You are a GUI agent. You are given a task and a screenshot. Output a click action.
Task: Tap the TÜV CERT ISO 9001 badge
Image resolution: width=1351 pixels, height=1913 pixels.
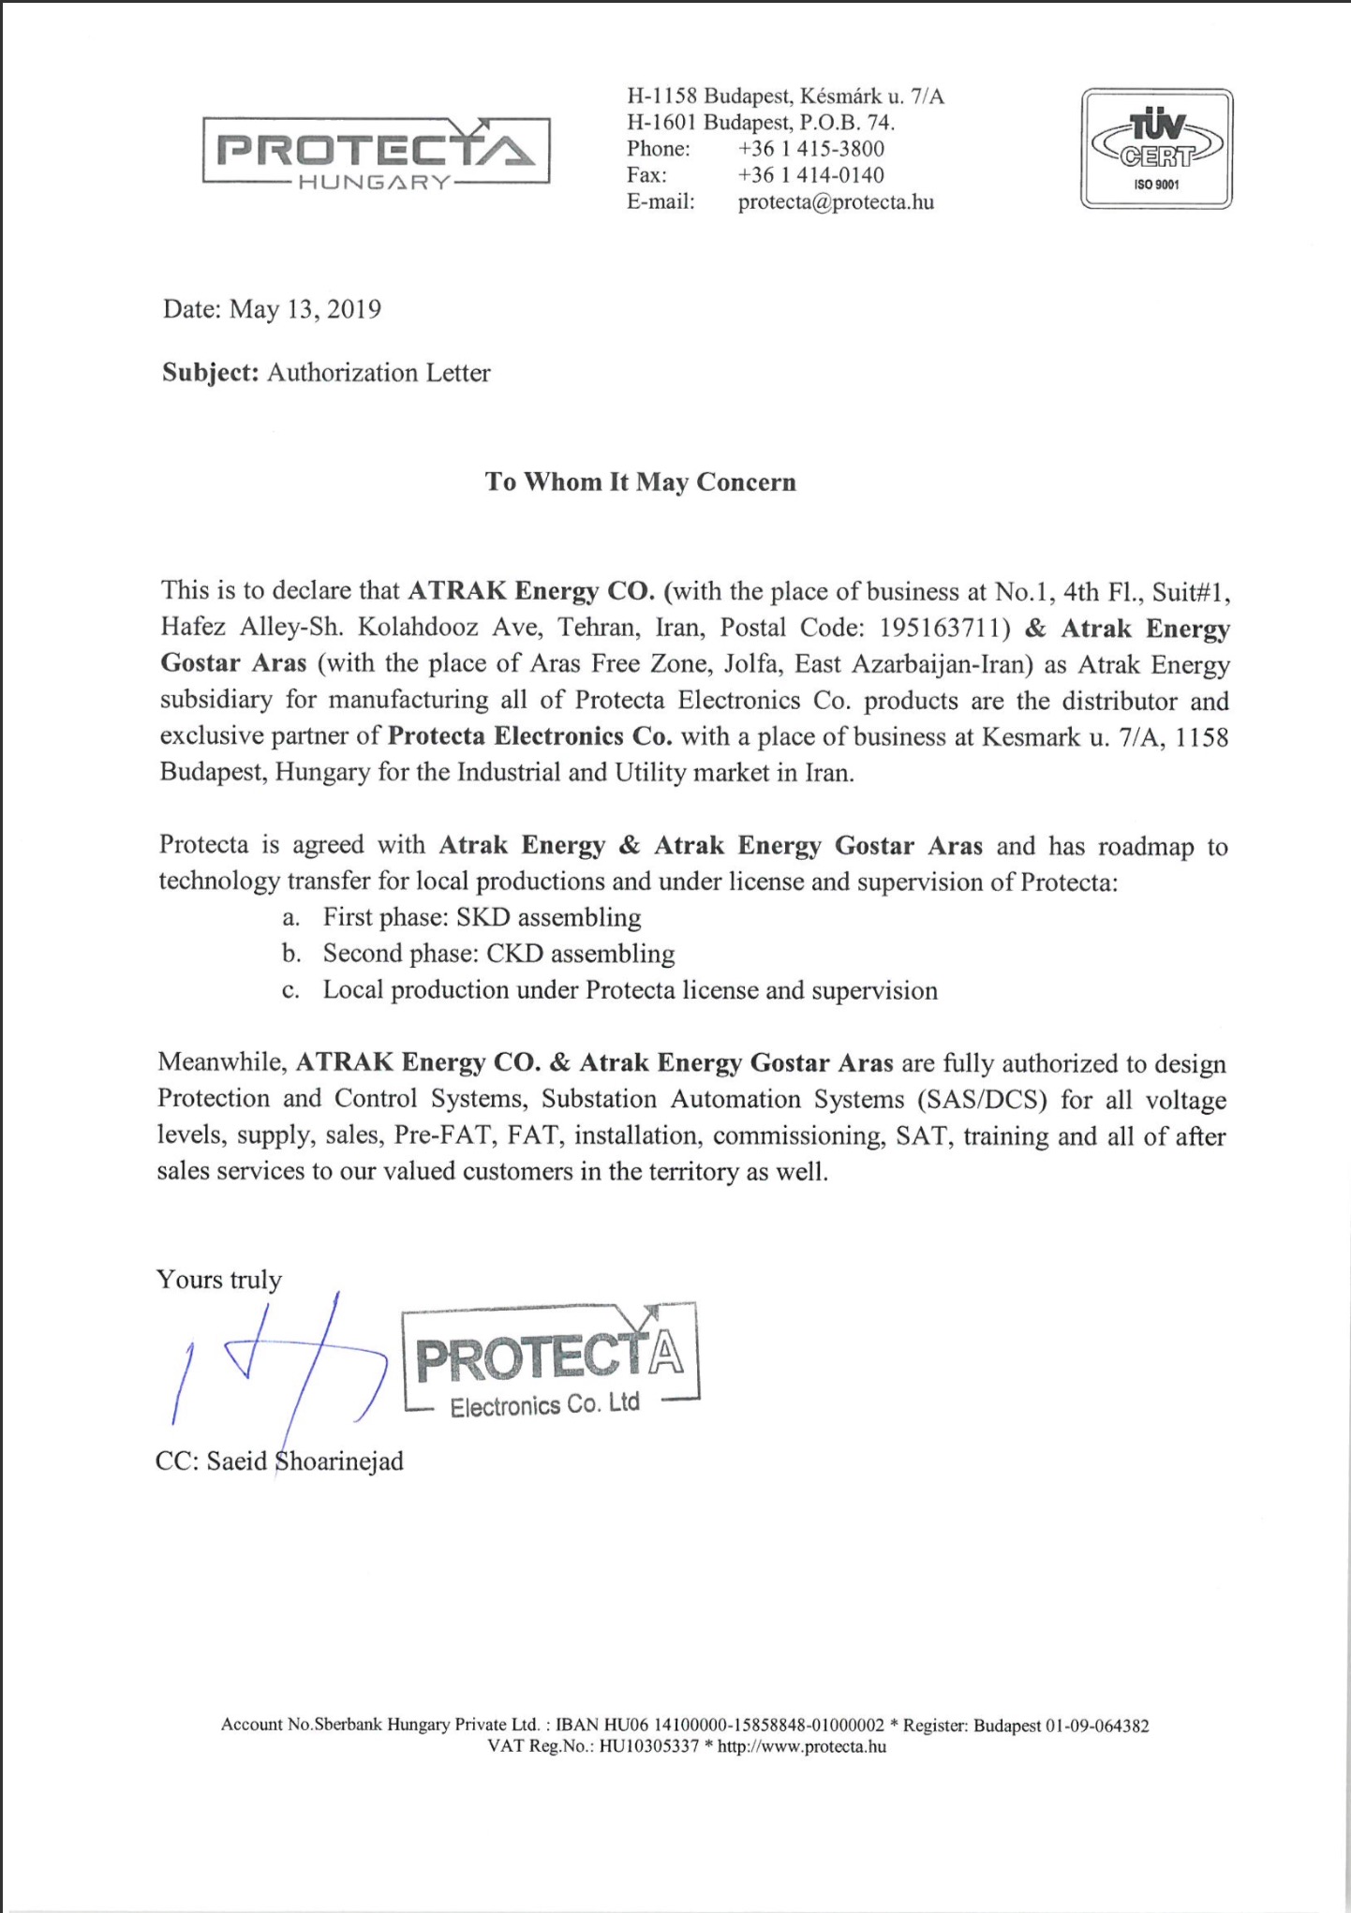pyautogui.click(x=1156, y=148)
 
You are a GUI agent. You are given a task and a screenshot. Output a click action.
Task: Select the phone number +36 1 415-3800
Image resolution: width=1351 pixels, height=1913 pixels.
pyautogui.click(x=810, y=149)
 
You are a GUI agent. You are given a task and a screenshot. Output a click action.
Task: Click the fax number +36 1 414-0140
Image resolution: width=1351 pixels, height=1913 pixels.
pyautogui.click(x=810, y=175)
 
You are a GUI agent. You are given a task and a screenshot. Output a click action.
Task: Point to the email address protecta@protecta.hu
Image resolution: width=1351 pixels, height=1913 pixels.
pyautogui.click(x=836, y=202)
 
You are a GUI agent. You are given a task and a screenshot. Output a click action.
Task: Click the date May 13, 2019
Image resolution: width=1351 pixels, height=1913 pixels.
pyautogui.click(x=304, y=310)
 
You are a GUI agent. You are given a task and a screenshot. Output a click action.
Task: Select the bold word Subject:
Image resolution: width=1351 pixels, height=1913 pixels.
pyautogui.click(x=210, y=373)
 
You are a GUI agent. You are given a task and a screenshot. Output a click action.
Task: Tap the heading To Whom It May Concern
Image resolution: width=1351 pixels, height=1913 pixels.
pyautogui.click(x=641, y=482)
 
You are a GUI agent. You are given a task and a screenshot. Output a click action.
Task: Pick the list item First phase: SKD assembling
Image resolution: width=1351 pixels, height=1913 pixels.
pyautogui.click(x=482, y=917)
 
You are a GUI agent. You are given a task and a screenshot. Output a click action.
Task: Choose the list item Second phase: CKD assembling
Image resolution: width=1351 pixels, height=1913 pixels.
pyautogui.click(x=498, y=954)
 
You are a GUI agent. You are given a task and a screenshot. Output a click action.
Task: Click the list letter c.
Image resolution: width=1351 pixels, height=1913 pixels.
pyautogui.click(x=290, y=991)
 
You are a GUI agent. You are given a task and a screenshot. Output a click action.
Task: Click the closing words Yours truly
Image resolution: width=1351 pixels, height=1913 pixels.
pyautogui.click(x=219, y=1280)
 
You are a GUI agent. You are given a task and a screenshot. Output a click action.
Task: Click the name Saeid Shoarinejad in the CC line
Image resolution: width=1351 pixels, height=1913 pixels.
pyautogui.click(x=304, y=1461)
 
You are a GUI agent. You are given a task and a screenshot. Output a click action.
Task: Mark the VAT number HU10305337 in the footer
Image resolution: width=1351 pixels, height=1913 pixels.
pyautogui.click(x=648, y=1746)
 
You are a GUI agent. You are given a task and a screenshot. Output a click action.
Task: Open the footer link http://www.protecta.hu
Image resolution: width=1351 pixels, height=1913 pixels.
pyautogui.click(x=801, y=1746)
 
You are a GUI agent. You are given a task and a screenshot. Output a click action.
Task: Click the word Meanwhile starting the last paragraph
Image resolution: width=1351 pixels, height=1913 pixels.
pyautogui.click(x=220, y=1063)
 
